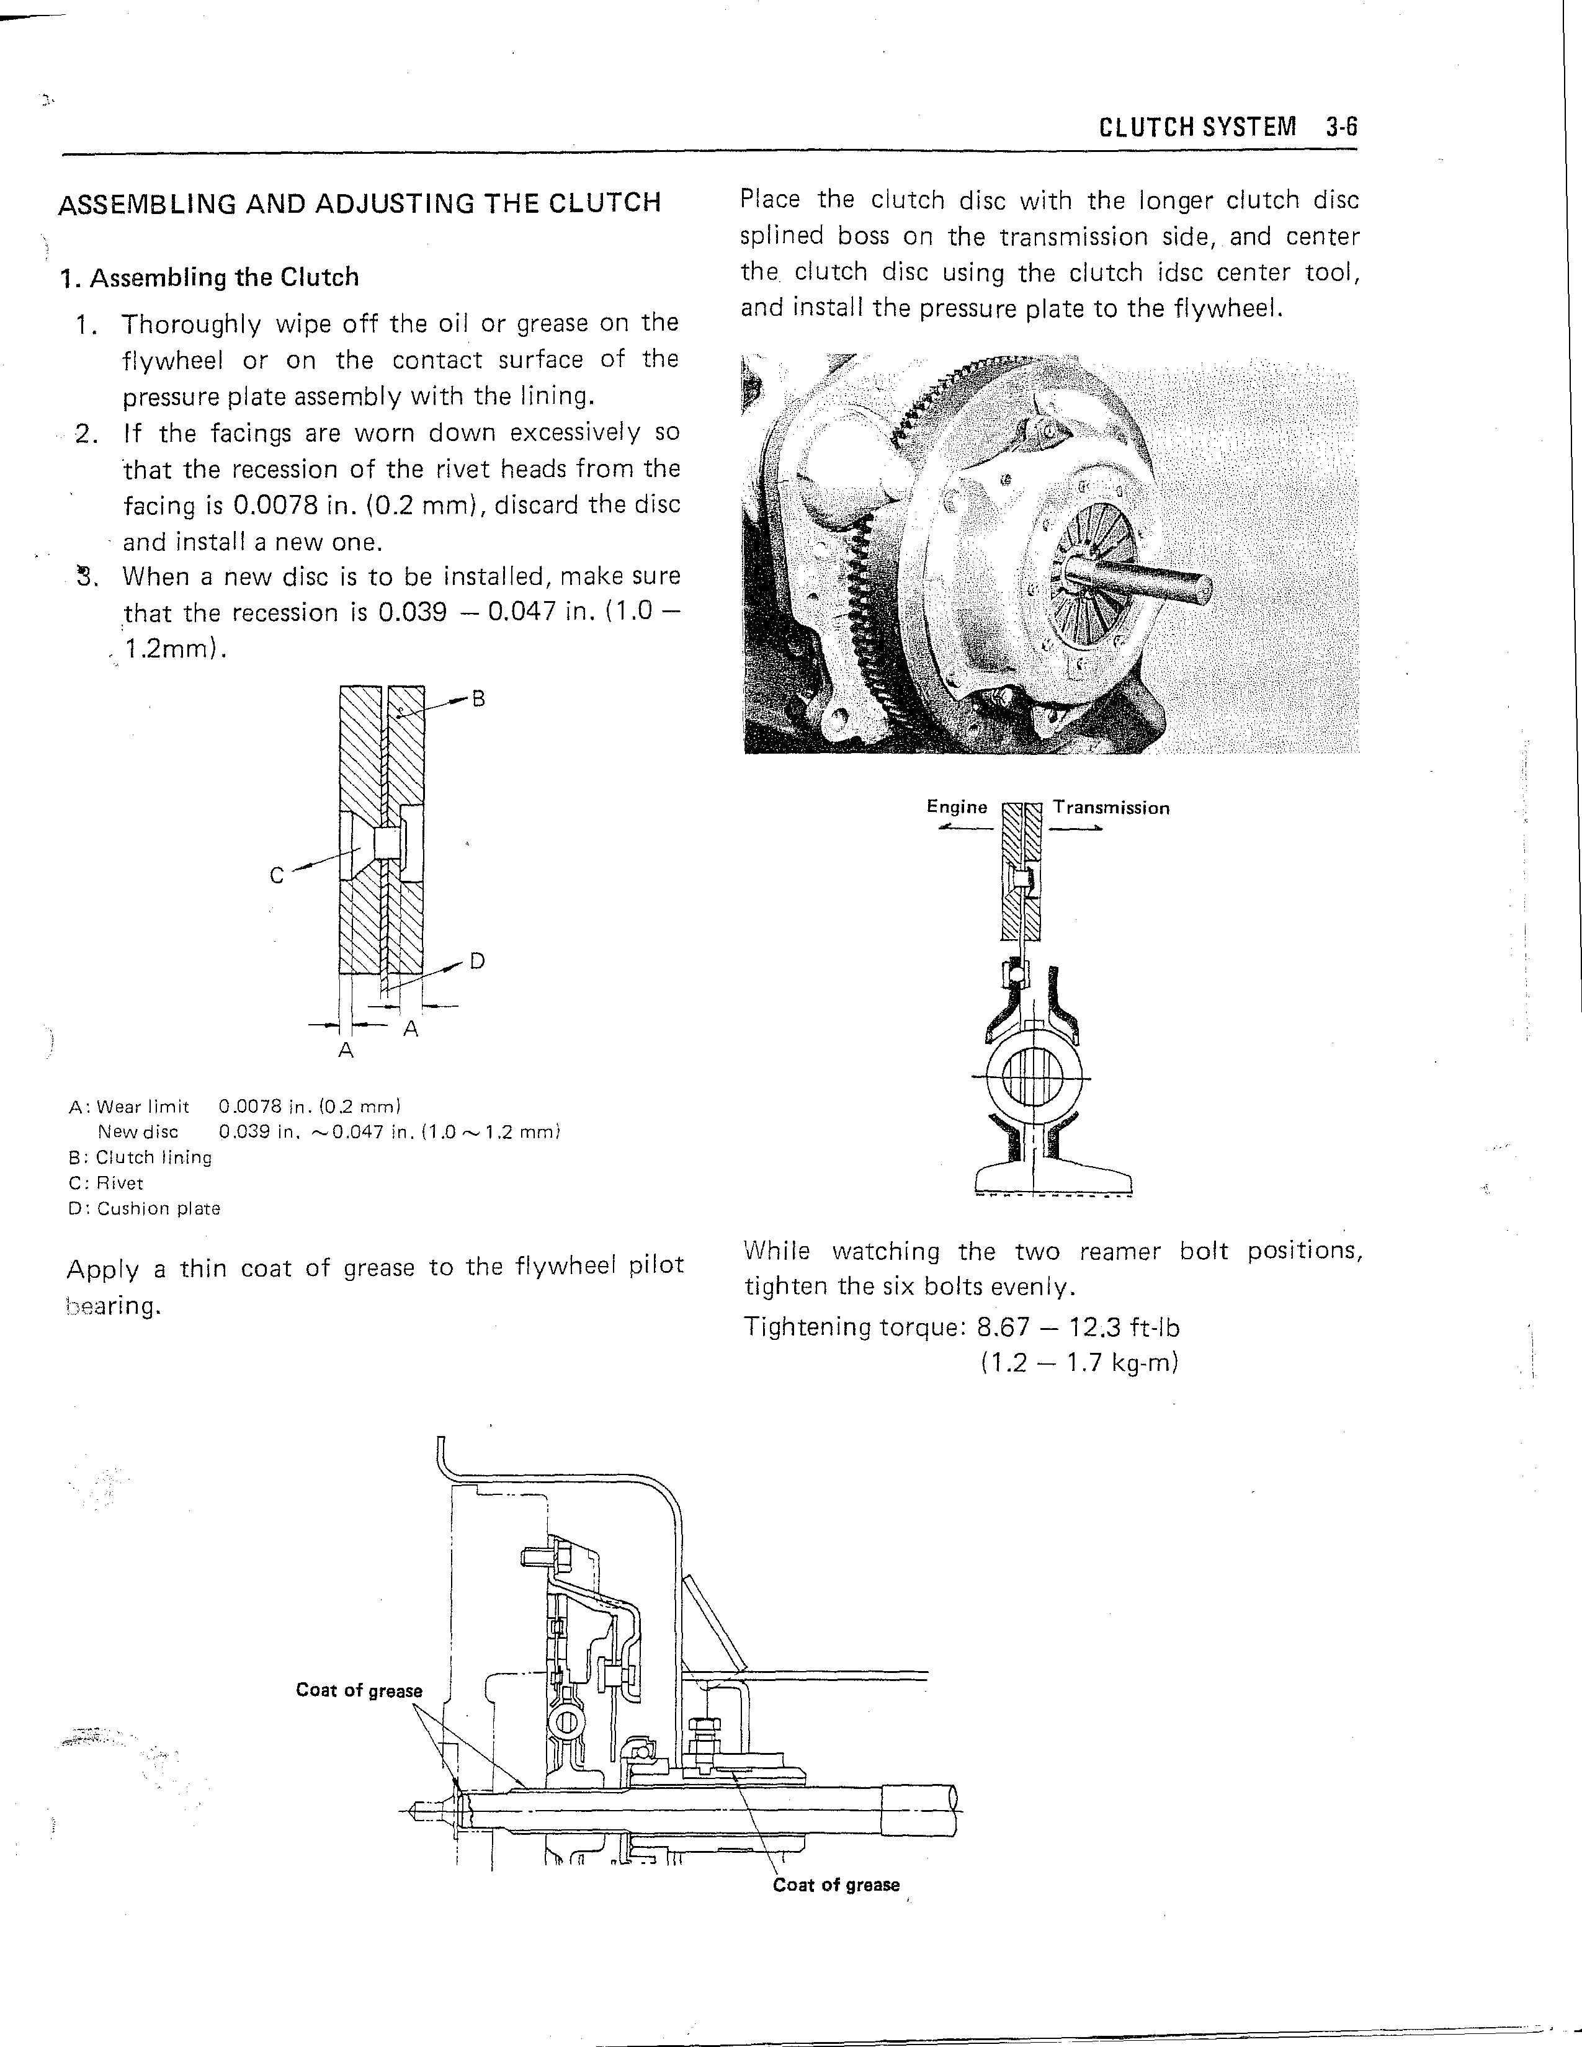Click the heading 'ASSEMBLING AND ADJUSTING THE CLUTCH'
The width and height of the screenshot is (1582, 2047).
359,203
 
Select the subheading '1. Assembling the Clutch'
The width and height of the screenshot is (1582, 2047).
209,277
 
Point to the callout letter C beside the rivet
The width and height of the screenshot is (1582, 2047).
277,875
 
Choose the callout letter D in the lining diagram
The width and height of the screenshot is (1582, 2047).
477,961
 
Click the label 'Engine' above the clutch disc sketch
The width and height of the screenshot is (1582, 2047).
956,807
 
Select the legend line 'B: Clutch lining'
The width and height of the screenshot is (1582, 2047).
141,1157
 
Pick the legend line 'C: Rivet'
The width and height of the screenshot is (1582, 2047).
106,1183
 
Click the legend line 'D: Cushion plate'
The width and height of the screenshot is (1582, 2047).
145,1209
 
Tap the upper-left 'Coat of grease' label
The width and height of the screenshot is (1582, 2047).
359,1691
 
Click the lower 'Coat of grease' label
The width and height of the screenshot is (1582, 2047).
836,1885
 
